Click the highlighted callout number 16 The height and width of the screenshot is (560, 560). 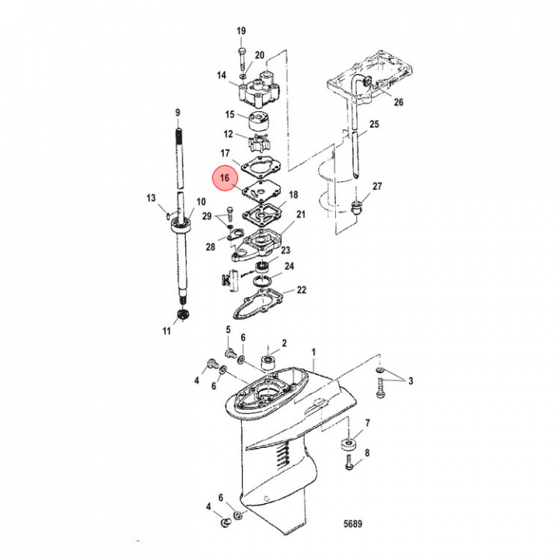pyautogui.click(x=224, y=178)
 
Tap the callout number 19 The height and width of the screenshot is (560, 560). pyautogui.click(x=241, y=30)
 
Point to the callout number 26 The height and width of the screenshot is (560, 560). pyautogui.click(x=399, y=102)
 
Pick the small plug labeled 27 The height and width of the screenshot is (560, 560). pyautogui.click(x=358, y=207)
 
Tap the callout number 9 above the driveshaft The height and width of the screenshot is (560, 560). pyautogui.click(x=178, y=113)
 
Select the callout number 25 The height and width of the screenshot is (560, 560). pyautogui.click(x=375, y=124)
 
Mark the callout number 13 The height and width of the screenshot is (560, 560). pyautogui.click(x=152, y=198)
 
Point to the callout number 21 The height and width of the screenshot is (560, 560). pyautogui.click(x=300, y=214)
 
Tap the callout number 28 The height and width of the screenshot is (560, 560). pyautogui.click(x=210, y=247)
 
